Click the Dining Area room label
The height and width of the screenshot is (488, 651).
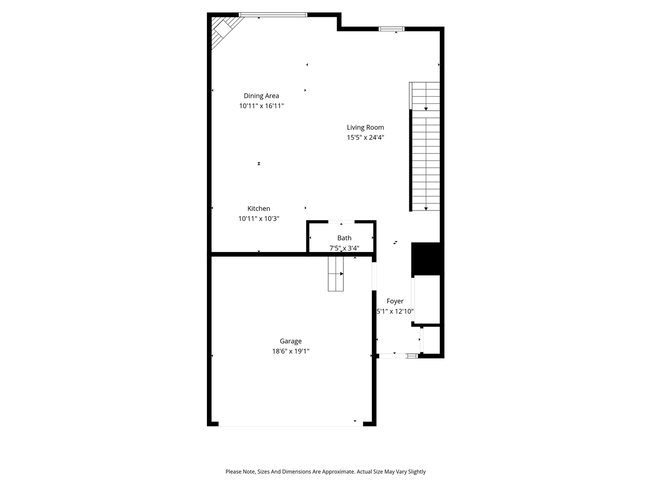(261, 96)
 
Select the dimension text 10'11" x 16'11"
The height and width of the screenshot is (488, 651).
(261, 106)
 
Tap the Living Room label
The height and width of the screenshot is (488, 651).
(365, 127)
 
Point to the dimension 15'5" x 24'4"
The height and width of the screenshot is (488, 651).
(365, 137)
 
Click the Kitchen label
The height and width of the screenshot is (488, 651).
(258, 208)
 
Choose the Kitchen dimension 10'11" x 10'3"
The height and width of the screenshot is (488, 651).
(258, 219)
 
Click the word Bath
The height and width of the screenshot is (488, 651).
(344, 238)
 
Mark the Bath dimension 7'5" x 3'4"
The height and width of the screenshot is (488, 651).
(344, 248)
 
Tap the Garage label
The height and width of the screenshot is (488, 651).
(290, 341)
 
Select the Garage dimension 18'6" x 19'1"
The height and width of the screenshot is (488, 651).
(290, 351)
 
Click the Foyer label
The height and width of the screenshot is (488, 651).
(395, 301)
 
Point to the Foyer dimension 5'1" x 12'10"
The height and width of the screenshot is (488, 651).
(395, 311)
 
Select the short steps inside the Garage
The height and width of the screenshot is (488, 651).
(336, 274)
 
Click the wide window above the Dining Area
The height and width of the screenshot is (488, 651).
(273, 15)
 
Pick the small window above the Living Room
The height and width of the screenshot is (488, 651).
(392, 29)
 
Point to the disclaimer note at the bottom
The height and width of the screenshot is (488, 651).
(325, 472)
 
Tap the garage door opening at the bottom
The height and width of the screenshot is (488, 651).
(290, 425)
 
